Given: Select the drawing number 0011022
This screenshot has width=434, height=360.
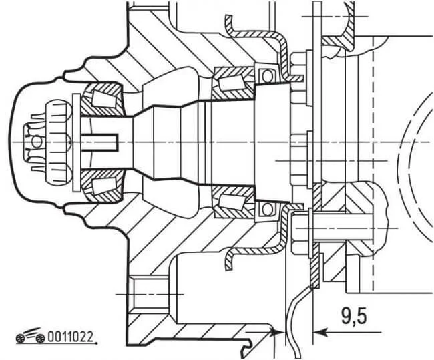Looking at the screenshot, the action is coord(70,337).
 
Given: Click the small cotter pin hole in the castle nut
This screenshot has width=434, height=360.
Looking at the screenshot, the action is coord(36,142).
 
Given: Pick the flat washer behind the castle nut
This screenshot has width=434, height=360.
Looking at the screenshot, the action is coord(76,142).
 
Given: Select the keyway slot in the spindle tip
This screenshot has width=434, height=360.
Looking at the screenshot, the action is coord(100,142).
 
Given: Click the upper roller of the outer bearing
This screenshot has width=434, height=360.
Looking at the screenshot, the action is coord(104,99).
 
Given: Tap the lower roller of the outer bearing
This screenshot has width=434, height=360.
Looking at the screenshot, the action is coord(104,186).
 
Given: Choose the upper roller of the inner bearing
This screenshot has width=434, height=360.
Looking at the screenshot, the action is coord(231,83).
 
